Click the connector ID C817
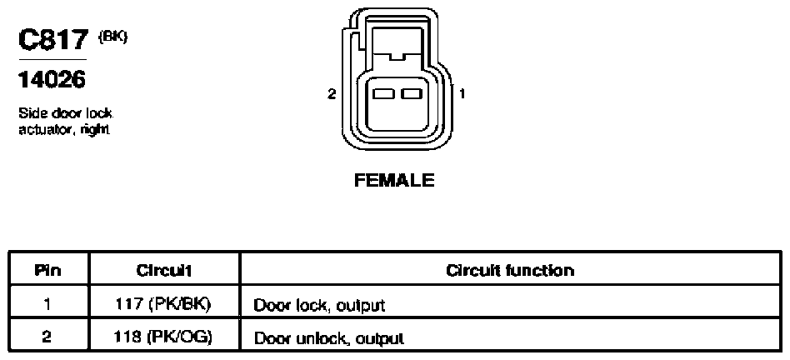pyautogui.click(x=53, y=40)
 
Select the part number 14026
pyautogui.click(x=52, y=79)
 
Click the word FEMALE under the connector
pyautogui.click(x=394, y=180)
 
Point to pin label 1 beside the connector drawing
pyautogui.click(x=462, y=93)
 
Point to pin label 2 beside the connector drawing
pyautogui.click(x=332, y=93)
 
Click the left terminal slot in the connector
pyautogui.click(x=382, y=93)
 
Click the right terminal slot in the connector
pyautogui.click(x=412, y=93)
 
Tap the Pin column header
pyautogui.click(x=48, y=270)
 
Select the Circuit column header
pyautogui.click(x=163, y=270)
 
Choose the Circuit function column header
pyautogui.click(x=510, y=270)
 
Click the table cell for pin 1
pyautogui.click(x=48, y=303)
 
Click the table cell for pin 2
pyautogui.click(x=48, y=335)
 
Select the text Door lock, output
pyautogui.click(x=319, y=305)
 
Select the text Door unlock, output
pyautogui.click(x=328, y=337)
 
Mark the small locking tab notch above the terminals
pyautogui.click(x=397, y=57)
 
